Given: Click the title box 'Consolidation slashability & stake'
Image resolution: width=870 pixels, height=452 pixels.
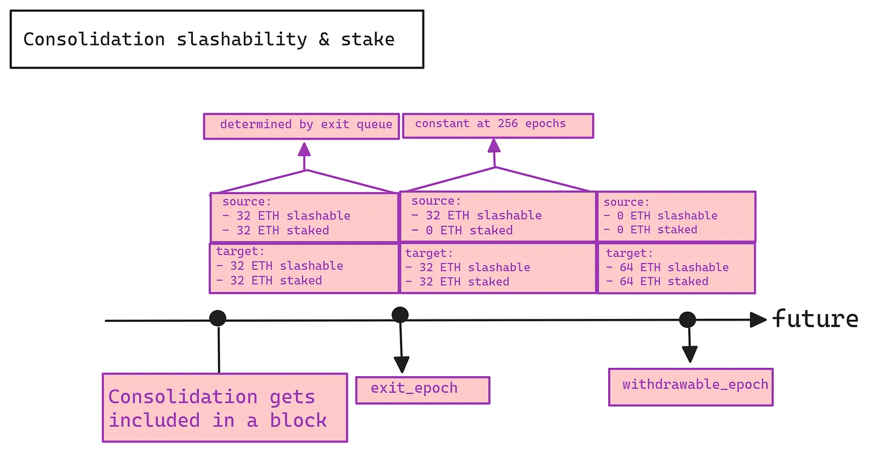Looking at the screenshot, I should (x=216, y=39).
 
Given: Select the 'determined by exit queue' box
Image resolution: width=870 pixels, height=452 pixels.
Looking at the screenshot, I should (x=301, y=126).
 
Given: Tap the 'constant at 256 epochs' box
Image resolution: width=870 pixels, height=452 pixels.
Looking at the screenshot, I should (x=498, y=125).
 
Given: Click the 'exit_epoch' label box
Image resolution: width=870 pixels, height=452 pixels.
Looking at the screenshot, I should (x=422, y=390).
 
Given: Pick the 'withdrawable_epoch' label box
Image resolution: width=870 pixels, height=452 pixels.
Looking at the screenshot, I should (x=690, y=387).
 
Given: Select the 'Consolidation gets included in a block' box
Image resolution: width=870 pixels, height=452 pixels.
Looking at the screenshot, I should (x=225, y=408).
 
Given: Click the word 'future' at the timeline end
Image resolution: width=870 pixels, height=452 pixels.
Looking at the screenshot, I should (x=814, y=319).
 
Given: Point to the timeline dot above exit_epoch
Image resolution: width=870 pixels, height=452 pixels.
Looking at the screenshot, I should (x=400, y=315).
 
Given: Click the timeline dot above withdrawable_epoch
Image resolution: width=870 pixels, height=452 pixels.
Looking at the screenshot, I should (x=687, y=319).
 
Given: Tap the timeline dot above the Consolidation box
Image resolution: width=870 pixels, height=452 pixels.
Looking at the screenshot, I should (x=217, y=318).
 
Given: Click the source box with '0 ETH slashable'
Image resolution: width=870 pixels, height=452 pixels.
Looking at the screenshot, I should (x=676, y=216).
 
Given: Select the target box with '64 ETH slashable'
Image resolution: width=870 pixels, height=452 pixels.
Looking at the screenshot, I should (x=676, y=268).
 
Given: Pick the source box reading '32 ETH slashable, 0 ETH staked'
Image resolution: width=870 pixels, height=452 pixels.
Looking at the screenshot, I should (x=498, y=216).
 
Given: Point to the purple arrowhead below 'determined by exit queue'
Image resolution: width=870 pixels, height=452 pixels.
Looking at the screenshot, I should (x=305, y=149).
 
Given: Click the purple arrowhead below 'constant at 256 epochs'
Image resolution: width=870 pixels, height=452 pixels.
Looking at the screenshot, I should (x=494, y=145).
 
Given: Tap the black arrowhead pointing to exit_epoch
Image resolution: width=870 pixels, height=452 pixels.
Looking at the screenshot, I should (x=402, y=364).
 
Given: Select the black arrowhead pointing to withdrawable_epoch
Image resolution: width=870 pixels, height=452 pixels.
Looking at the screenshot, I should (x=690, y=354).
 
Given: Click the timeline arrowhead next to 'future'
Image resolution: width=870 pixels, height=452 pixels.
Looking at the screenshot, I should (x=758, y=319).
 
